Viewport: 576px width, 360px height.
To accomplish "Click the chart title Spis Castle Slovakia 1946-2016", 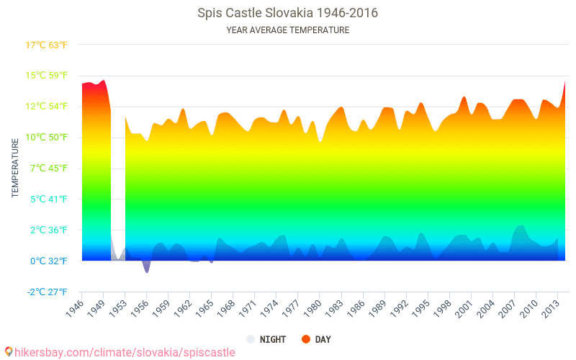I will (x=287, y=13).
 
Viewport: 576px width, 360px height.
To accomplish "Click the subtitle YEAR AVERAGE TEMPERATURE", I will (x=287, y=30).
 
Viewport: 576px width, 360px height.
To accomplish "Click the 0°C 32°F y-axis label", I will (x=48, y=261).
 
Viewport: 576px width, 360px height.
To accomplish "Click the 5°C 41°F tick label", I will (x=48, y=199).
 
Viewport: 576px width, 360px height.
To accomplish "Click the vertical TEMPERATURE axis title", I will (x=15, y=168).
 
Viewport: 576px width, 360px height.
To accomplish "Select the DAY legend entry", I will (x=315, y=339).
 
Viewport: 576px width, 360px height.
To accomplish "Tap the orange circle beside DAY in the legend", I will (x=305, y=339).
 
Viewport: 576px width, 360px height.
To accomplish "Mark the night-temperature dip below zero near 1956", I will (x=147, y=269).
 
